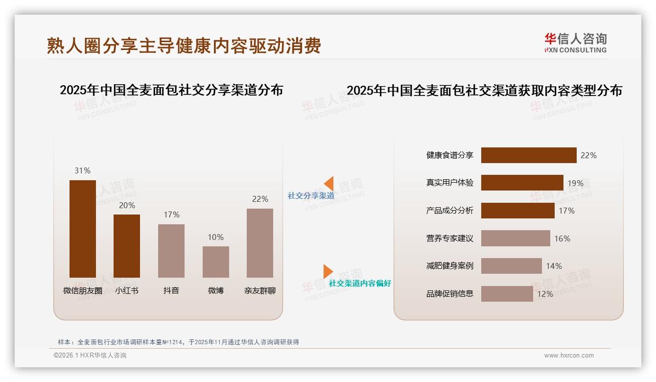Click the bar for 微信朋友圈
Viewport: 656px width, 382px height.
pos(83,229)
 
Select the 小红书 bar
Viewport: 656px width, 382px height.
pos(127,246)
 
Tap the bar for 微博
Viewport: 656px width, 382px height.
pos(216,262)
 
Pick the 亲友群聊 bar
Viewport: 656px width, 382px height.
pos(260,243)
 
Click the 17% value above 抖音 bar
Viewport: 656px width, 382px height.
pos(171,215)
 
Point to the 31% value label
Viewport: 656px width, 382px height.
pos(83,170)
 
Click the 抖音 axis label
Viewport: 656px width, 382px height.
pos(171,290)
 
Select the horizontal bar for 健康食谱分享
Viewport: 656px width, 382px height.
pos(529,155)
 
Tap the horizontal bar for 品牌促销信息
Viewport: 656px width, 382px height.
pos(507,294)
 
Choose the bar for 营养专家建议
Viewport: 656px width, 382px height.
pos(515,239)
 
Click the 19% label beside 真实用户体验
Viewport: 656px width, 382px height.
pos(575,183)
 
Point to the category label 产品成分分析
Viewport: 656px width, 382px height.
pos(449,211)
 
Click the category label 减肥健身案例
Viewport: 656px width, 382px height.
pos(449,266)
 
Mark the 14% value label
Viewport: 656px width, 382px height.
pos(554,266)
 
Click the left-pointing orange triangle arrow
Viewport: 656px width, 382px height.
pos(329,183)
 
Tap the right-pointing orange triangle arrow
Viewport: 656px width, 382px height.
pos(328,271)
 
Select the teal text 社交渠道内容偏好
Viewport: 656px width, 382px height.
pos(360,283)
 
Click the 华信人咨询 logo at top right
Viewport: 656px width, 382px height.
pos(575,43)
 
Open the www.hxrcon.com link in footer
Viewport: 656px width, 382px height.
pos(569,356)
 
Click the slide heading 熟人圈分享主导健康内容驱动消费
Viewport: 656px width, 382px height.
pos(184,46)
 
